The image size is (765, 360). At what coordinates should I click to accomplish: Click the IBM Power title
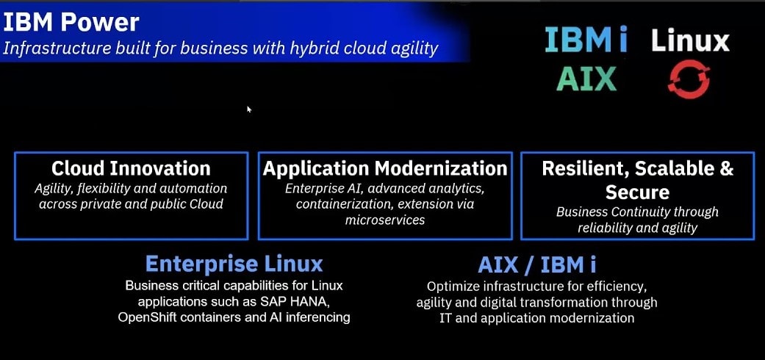pyautogui.click(x=71, y=23)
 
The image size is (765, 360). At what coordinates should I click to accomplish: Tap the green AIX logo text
pyautogui.click(x=586, y=79)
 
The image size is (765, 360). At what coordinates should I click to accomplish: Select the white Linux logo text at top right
pyautogui.click(x=690, y=40)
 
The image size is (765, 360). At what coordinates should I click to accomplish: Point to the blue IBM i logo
pyautogui.click(x=586, y=40)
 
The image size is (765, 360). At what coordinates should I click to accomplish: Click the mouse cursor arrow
pyautogui.click(x=249, y=109)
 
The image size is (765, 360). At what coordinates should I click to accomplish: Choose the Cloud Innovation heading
pyautogui.click(x=131, y=169)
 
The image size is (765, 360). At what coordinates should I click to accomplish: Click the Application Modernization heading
pyautogui.click(x=385, y=169)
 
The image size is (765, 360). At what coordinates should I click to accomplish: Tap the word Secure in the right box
pyautogui.click(x=637, y=192)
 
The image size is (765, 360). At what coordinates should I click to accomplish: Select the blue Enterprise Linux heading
pyautogui.click(x=234, y=264)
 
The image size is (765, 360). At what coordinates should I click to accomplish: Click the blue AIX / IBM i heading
pyautogui.click(x=536, y=264)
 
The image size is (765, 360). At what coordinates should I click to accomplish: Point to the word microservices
pyautogui.click(x=385, y=220)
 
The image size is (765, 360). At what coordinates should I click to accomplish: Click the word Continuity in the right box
pyautogui.click(x=635, y=212)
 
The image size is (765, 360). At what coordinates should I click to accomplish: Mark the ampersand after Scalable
pyautogui.click(x=726, y=169)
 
